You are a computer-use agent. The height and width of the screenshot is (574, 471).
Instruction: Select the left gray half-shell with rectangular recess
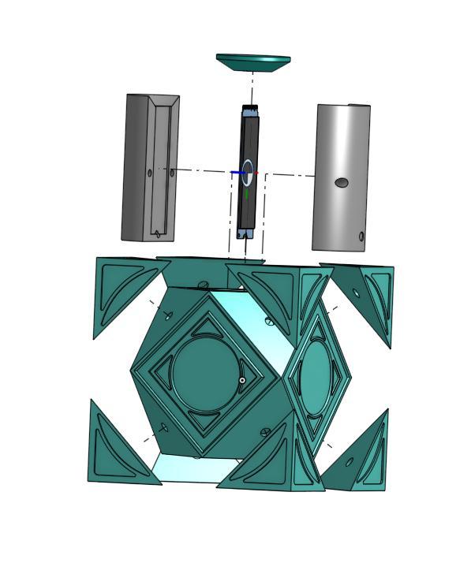click(138, 170)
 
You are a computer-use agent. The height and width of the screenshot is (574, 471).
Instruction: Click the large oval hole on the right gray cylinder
click(342, 183)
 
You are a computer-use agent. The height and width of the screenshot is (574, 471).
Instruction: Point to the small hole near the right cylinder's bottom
click(361, 237)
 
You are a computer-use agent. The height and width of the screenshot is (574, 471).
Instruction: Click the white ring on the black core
click(248, 171)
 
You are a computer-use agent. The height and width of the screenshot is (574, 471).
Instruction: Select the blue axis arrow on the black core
click(237, 173)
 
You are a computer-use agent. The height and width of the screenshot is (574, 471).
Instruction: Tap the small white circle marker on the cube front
click(242, 380)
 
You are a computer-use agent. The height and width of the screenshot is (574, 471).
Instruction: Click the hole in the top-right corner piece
click(356, 294)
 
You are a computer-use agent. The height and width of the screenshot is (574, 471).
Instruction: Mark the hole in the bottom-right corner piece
click(352, 460)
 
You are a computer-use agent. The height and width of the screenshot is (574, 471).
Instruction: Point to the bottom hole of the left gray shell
click(157, 233)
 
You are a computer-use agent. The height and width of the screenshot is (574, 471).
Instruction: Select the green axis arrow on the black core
click(247, 192)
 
